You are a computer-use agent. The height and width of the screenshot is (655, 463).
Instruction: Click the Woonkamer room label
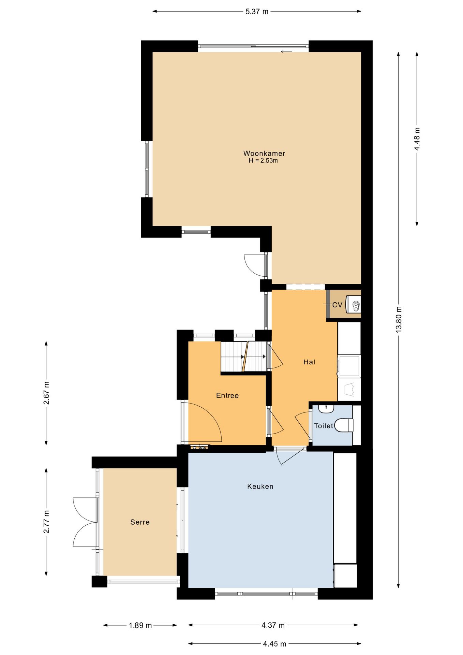[x=264, y=154]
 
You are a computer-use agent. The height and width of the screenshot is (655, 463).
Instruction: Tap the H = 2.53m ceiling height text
[x=263, y=161]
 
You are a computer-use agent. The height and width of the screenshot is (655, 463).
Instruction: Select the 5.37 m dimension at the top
[x=257, y=12]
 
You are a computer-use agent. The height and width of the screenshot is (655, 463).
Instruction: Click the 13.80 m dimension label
[x=399, y=319]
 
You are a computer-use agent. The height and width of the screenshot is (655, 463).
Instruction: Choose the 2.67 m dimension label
[x=46, y=393]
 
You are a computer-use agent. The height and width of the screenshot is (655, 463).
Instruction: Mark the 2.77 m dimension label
[x=46, y=522]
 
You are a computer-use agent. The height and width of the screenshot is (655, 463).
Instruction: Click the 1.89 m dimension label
[x=140, y=625]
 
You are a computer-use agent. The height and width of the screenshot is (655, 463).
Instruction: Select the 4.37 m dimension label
[x=273, y=625]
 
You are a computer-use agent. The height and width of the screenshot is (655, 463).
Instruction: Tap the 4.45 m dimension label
[x=274, y=644]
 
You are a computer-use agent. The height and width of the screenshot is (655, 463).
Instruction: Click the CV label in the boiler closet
[x=337, y=305]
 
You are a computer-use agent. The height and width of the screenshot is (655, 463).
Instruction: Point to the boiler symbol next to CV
[x=353, y=304]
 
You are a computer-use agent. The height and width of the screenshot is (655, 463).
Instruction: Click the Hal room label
[x=309, y=362]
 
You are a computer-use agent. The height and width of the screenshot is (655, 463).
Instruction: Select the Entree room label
[x=227, y=395]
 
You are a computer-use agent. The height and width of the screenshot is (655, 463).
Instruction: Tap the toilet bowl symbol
[x=344, y=425]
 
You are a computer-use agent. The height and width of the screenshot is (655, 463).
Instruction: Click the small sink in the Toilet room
[x=326, y=409]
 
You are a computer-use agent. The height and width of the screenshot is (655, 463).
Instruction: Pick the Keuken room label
[x=260, y=486]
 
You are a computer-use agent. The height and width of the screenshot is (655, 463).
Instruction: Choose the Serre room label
[x=140, y=522]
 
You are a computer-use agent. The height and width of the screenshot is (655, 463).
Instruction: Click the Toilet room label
[x=324, y=426]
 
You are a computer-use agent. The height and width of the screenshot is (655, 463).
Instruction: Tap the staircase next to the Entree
[x=243, y=356]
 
